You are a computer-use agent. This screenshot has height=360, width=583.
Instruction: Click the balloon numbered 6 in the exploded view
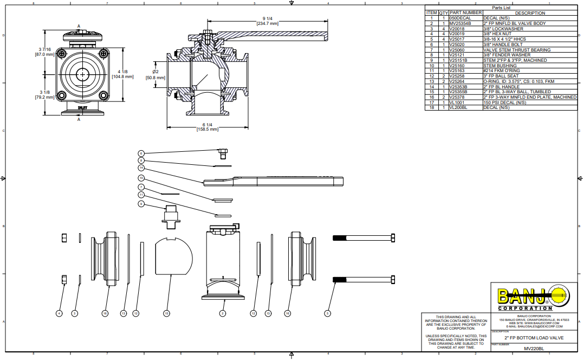(141, 153)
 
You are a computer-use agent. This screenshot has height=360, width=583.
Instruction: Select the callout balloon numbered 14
(141, 168)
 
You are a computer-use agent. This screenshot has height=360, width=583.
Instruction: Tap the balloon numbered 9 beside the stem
(141, 204)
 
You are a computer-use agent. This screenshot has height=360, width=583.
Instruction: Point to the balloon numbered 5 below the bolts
(327, 313)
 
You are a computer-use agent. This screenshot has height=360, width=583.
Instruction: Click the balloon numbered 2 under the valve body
(222, 313)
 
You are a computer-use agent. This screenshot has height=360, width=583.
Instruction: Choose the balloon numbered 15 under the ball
(167, 313)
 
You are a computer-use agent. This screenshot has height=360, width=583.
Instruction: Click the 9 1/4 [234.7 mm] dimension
(267, 21)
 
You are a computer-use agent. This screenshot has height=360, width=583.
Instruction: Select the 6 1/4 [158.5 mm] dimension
(208, 127)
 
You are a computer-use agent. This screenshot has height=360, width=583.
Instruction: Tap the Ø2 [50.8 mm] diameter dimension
(155, 74)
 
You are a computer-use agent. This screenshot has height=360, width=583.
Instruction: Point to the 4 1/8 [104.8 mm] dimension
(122, 74)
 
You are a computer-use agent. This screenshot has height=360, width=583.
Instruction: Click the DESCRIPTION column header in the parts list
(529, 13)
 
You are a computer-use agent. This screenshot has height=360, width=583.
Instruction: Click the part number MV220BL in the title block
(534, 349)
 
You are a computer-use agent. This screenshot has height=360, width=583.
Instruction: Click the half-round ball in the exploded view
(174, 255)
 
